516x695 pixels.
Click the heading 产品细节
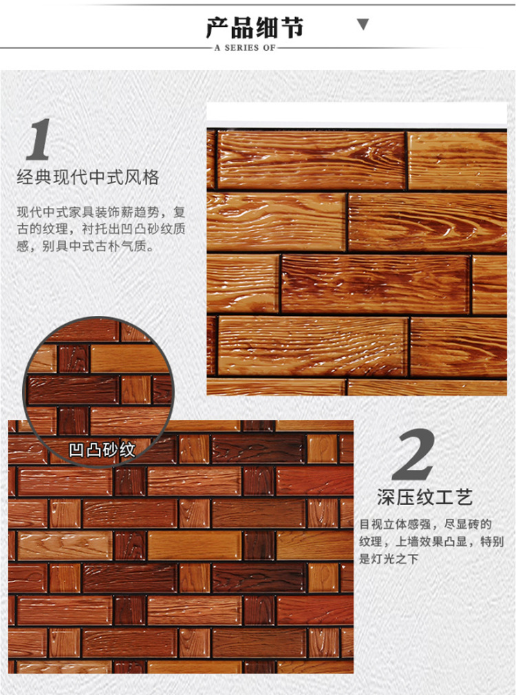(x=255, y=28)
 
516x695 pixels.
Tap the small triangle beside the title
(x=363, y=25)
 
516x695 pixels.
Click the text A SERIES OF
(x=245, y=48)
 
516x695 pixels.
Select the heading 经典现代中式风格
(x=88, y=178)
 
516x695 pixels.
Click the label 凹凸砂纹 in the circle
(x=102, y=450)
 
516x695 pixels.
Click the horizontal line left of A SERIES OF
(x=103, y=48)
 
